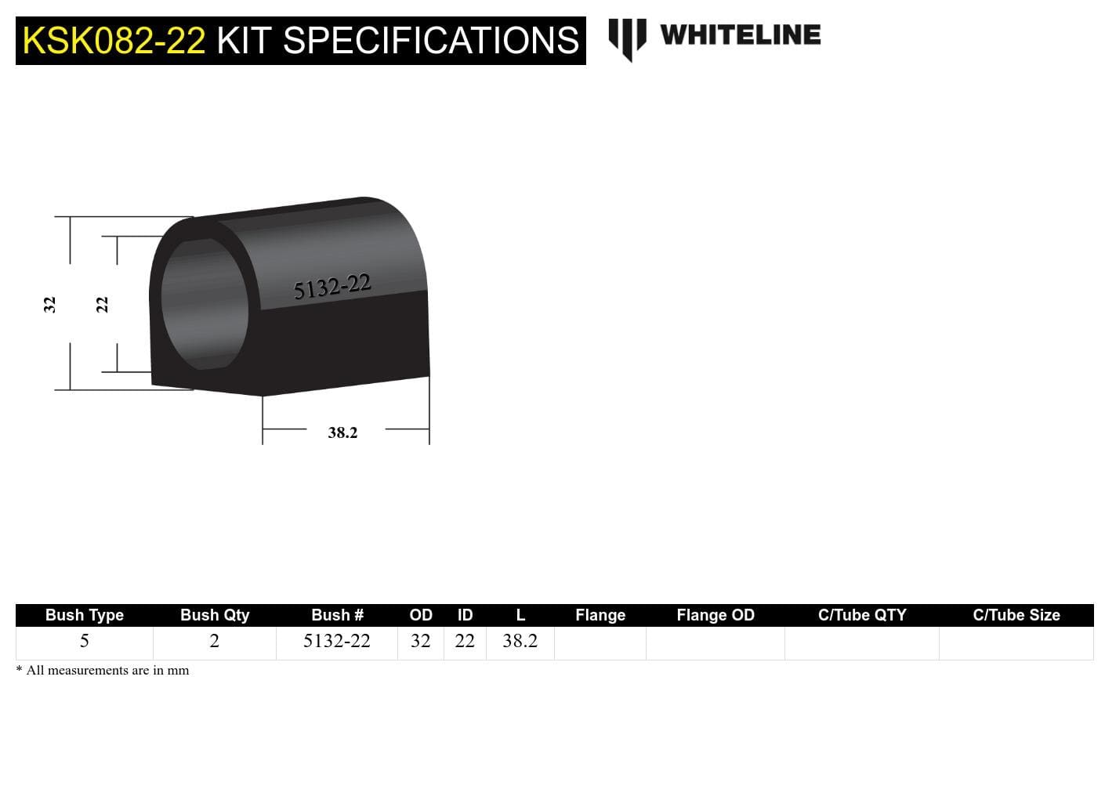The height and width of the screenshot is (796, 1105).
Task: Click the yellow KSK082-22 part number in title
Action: (114, 41)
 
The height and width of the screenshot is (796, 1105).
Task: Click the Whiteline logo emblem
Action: (627, 38)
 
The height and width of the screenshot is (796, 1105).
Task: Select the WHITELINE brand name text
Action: (740, 35)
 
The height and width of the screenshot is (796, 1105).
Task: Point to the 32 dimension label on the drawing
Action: (49, 304)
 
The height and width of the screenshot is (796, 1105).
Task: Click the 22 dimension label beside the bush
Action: (102, 304)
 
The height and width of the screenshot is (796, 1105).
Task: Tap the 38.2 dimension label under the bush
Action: (342, 432)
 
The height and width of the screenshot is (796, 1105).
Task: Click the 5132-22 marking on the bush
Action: (331, 287)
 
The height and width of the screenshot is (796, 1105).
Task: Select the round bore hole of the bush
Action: (205, 304)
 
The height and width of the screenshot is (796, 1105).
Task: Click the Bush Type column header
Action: (85, 615)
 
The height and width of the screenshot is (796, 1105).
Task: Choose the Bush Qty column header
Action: (215, 615)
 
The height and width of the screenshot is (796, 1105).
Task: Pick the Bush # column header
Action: (337, 615)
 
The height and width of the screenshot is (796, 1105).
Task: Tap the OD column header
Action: (421, 615)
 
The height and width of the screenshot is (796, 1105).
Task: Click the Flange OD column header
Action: (716, 615)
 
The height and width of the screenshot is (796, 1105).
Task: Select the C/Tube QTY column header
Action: (862, 615)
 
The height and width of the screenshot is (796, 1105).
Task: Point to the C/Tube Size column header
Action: (1016, 615)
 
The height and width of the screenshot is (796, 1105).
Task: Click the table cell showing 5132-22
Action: (337, 641)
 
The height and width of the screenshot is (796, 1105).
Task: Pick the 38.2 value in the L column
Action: (520, 641)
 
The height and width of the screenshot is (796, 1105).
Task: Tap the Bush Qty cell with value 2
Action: (215, 641)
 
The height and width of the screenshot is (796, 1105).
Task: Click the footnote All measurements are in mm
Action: (107, 671)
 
